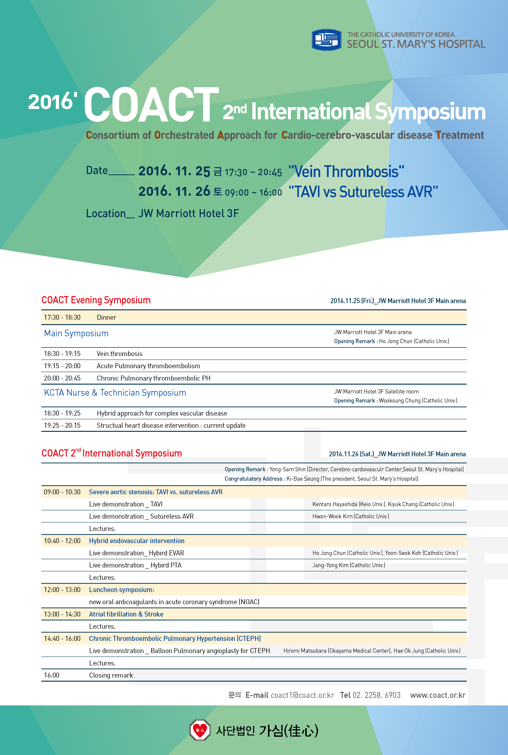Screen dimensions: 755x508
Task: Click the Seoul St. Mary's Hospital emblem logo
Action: coord(326,40)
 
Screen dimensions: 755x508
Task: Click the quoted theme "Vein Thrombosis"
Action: coord(346,171)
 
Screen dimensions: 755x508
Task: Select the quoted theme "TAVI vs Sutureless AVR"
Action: coord(363,192)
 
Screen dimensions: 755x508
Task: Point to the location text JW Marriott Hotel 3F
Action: coord(189,214)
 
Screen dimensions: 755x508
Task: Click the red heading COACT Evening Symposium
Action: coord(96,300)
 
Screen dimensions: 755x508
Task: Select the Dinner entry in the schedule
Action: coord(106,317)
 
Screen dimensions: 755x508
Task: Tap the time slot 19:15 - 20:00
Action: coord(62,366)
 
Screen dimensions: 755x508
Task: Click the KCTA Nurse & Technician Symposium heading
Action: coord(115,393)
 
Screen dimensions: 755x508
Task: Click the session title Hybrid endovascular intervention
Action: coord(137,541)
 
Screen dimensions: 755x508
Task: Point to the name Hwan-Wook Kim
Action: coord(332,516)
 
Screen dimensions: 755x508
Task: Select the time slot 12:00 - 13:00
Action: coord(62,590)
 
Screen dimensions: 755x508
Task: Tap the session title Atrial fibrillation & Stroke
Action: coord(126,614)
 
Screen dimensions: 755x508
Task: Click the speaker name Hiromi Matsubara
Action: coord(305,651)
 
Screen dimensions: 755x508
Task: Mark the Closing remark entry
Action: coord(111,675)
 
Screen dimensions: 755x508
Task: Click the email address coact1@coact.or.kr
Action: coord(302,695)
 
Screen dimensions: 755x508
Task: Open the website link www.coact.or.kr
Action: coord(438,695)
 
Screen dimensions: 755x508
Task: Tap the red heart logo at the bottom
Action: coord(200,730)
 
